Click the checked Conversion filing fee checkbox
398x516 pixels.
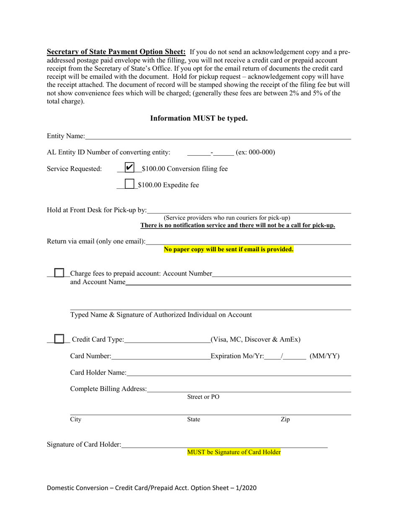(129, 167)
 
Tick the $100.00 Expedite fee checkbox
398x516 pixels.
(129, 184)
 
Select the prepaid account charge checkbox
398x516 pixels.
(59, 274)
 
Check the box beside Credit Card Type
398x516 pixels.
(59, 339)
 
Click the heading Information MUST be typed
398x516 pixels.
(199, 118)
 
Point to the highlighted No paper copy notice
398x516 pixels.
(228, 249)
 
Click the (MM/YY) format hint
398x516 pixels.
(324, 357)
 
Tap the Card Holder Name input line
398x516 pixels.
(238, 373)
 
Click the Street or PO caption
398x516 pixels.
(203, 397)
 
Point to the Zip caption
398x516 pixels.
(285, 419)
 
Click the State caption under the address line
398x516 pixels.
(193, 419)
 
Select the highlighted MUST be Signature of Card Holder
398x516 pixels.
(234, 452)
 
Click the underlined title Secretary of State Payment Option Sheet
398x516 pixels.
(116, 52)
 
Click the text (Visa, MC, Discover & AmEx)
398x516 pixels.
(256, 339)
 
